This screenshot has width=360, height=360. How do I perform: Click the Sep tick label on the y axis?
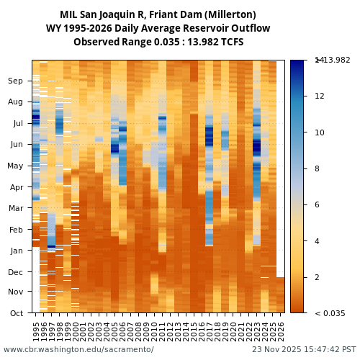[x=15, y=81]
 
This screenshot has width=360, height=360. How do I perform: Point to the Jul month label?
[x=17, y=124]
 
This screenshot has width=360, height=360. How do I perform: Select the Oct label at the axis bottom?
[x=16, y=313]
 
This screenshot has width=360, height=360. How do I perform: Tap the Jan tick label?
[x=16, y=251]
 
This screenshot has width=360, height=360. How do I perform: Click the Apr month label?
[x=16, y=187]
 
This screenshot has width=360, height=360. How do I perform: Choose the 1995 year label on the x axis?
[x=36, y=331]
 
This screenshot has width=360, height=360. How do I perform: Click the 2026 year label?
[x=281, y=331]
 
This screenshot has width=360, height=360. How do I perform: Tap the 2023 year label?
[x=257, y=331]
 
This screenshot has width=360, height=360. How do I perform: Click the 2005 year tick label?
[x=115, y=331]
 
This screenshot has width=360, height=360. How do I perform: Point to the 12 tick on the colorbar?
[x=319, y=96]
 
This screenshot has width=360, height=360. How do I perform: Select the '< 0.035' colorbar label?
[x=330, y=313]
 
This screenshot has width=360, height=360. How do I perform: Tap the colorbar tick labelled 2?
[x=317, y=278]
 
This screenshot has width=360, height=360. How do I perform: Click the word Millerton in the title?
[x=229, y=15]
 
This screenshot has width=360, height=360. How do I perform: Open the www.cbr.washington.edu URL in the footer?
[x=78, y=350]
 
